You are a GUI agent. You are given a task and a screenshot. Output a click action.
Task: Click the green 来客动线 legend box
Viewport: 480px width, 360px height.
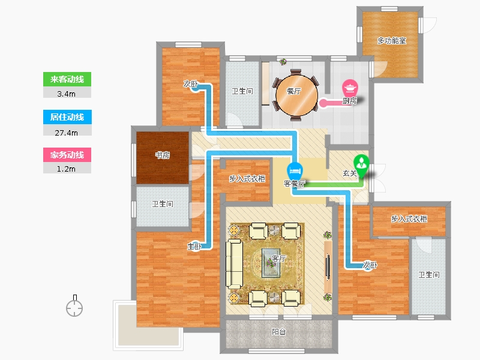pos(67,79)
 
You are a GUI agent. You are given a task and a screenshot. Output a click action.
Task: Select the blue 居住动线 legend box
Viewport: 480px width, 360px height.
pos(67,117)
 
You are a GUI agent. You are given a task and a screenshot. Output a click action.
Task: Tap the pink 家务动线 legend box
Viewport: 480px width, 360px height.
pos(67,155)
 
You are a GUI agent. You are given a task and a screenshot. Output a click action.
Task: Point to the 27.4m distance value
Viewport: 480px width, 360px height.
pos(67,133)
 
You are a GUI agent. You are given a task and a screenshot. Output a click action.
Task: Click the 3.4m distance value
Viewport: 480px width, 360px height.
pos(67,94)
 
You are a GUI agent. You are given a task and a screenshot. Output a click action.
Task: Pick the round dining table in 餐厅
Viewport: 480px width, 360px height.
pos(296,95)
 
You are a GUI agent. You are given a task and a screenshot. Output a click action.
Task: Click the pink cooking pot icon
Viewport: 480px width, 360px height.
pos(350,88)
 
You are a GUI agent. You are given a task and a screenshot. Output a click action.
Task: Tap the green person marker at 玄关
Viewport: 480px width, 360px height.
pos(362,166)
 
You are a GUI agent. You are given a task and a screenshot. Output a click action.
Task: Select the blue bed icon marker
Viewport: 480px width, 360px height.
pos(295,170)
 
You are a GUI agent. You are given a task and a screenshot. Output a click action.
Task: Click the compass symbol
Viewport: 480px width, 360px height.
pos(74,306)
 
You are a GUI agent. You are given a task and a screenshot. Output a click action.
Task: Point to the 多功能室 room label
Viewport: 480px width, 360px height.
pos(391,40)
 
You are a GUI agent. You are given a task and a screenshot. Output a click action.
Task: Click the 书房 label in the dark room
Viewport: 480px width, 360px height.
pos(162,155)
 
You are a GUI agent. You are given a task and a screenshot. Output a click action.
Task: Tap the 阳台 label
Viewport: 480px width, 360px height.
pos(278,332)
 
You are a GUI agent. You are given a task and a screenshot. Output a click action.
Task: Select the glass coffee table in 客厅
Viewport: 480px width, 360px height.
pos(271,263)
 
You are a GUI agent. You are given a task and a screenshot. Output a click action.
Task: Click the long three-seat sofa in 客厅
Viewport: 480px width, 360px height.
pos(235,264)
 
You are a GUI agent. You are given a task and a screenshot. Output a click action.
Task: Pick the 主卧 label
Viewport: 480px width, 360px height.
pos(194,246)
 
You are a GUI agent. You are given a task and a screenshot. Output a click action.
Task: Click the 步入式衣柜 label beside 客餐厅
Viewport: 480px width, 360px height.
pos(247,178)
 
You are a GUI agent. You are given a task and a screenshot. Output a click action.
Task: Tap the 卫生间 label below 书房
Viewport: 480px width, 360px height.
pos(162,204)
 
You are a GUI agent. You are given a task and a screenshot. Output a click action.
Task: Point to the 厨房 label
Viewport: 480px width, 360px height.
pos(350,101)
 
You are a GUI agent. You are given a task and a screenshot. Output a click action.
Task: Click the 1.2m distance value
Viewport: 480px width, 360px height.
pos(67,169)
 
